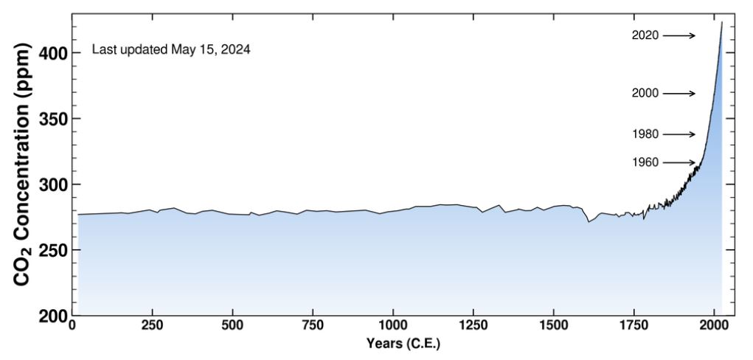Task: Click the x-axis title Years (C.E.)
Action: tap(403, 345)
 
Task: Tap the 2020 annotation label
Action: tap(645, 35)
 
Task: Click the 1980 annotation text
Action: tap(645, 134)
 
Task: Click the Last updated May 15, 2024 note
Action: tap(171, 50)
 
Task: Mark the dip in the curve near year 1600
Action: tap(589, 221)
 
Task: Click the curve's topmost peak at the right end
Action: tap(721, 22)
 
